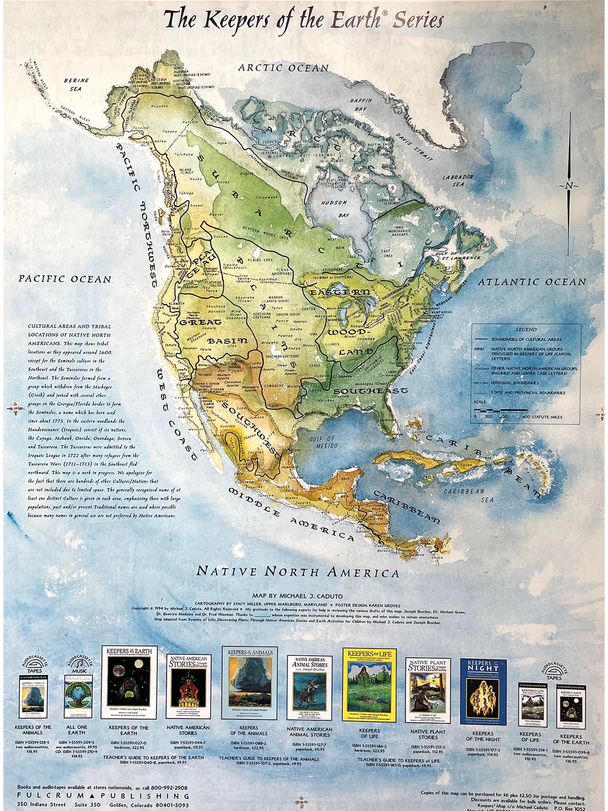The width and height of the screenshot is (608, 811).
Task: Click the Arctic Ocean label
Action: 283,68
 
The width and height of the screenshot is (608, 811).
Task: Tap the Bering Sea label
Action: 75,85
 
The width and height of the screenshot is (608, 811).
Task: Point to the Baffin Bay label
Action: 361,105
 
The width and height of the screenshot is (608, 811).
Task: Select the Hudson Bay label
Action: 334,209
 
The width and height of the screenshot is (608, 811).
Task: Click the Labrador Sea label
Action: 458,181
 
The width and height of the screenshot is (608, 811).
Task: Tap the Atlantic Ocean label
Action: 531,282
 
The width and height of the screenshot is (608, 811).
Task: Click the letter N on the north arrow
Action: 569,186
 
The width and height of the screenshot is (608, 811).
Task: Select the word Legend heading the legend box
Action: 526,329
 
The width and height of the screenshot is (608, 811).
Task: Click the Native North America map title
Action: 297,572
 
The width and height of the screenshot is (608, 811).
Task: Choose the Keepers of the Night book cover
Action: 483,691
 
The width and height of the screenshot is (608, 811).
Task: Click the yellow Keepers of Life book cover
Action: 369,686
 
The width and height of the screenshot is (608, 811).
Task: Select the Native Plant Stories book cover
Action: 428,690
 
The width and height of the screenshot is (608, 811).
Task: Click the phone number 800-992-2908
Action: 164,787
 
